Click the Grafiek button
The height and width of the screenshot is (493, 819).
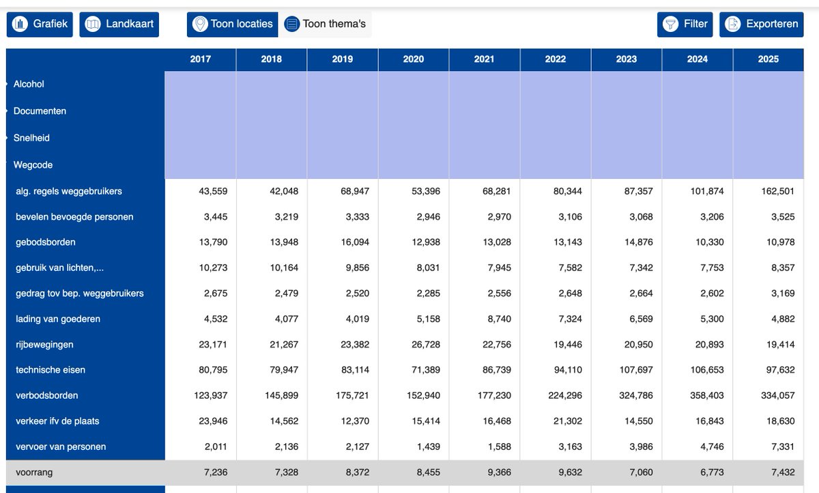coord(40,24)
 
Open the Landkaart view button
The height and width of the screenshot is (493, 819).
coord(119,24)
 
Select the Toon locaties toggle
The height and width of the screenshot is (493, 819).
coord(233,24)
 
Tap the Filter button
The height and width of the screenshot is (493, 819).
coord(685,24)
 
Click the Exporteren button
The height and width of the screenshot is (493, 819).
coord(762,24)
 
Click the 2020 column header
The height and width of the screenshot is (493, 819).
coord(414,59)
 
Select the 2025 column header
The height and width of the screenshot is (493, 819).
coord(768,59)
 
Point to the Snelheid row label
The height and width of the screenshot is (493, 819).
coord(31,138)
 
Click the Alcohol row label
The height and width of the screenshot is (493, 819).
coord(29,84)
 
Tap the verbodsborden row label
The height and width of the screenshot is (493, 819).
coord(47,395)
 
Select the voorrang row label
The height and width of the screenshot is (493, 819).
coord(34,472)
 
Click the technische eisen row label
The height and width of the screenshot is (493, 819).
coord(51,370)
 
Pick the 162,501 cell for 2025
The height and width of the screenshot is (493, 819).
coord(777,191)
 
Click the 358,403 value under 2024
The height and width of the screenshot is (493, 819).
coord(707,395)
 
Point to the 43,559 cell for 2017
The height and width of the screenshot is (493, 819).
coord(213,191)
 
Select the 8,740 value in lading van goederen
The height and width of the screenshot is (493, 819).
coord(499,319)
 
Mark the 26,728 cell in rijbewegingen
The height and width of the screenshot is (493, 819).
coord(426,345)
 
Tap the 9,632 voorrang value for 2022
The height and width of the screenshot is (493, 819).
coord(570,472)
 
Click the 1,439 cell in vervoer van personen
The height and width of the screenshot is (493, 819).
coord(428,447)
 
